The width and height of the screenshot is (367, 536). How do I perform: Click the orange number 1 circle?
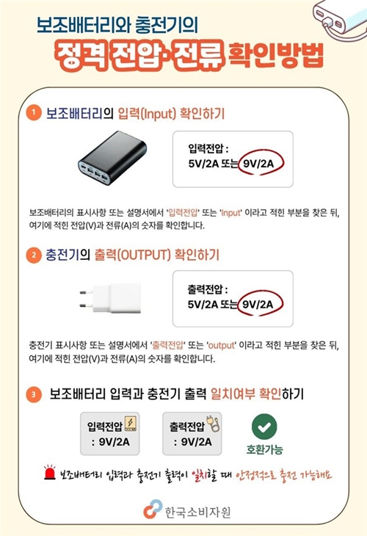[x=32, y=114]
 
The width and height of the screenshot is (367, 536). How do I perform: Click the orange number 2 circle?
[x=32, y=256]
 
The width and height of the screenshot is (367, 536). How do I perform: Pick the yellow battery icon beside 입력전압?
[x=131, y=424]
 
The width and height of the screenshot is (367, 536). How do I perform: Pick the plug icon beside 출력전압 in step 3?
[x=206, y=424]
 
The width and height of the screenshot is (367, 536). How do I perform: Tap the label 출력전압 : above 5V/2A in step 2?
[x=209, y=287]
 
